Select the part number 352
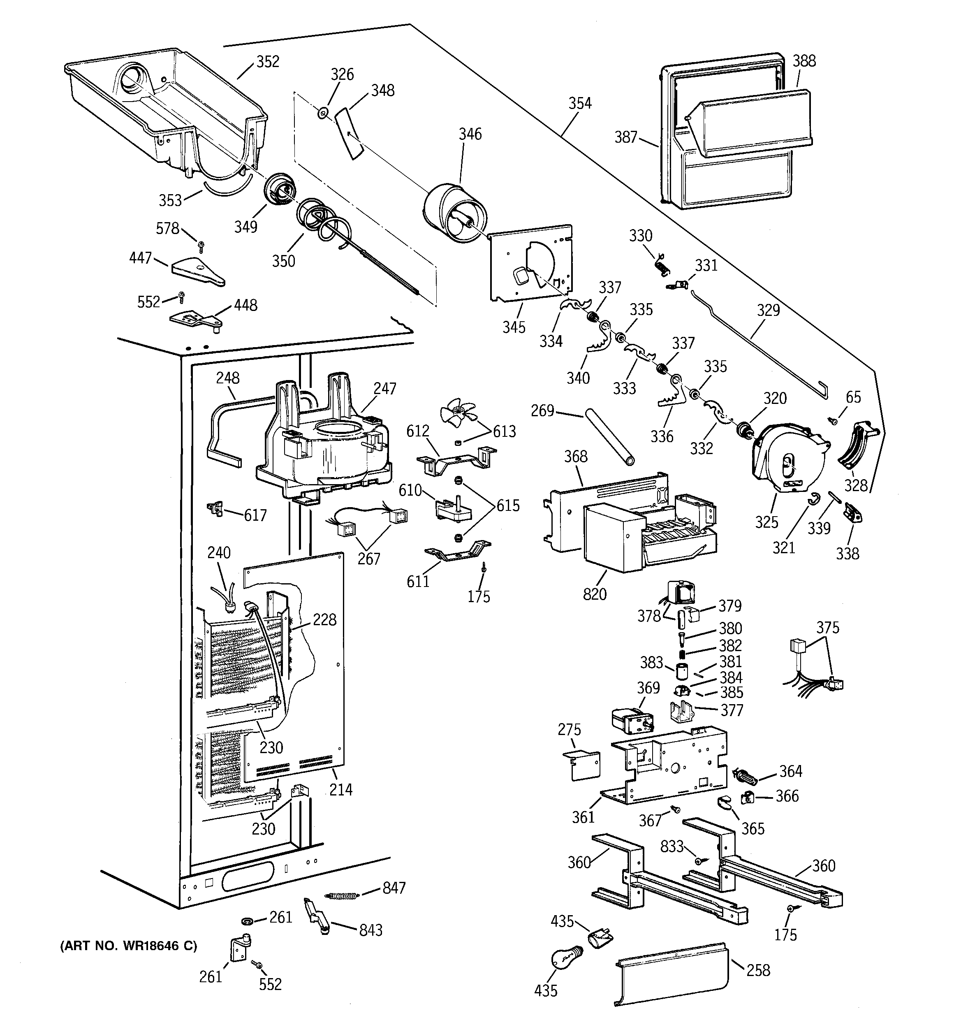click(268, 61)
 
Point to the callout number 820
click(595, 594)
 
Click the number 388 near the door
click(804, 61)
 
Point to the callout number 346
click(470, 134)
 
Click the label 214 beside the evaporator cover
click(340, 790)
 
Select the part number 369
click(648, 688)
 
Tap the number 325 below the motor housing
click(766, 522)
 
